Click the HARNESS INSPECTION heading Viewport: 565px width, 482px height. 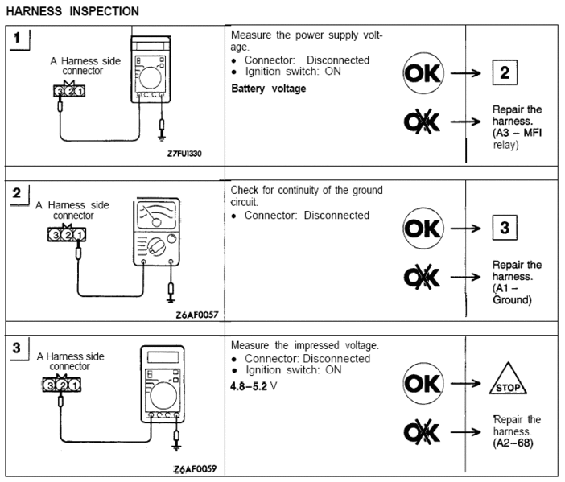[x=72, y=11]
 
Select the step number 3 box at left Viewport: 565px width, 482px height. [x=18, y=349]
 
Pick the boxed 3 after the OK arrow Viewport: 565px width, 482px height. [x=505, y=228]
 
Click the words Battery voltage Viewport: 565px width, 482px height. [x=268, y=89]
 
